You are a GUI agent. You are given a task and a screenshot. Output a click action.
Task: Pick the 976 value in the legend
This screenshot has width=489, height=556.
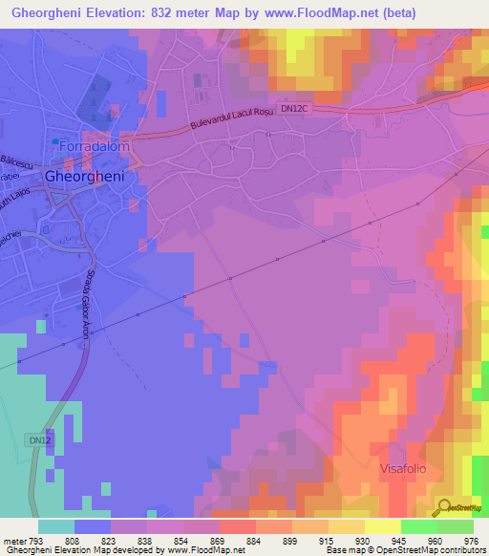point(470,541)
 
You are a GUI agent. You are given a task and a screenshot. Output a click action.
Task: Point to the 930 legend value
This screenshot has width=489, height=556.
point(364,541)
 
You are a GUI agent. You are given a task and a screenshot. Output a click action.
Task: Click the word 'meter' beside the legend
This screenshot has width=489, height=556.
point(14,541)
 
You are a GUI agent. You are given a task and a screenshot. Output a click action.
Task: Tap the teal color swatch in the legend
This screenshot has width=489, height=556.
point(56,526)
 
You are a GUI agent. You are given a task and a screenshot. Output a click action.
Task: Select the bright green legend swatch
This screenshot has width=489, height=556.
point(419,526)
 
